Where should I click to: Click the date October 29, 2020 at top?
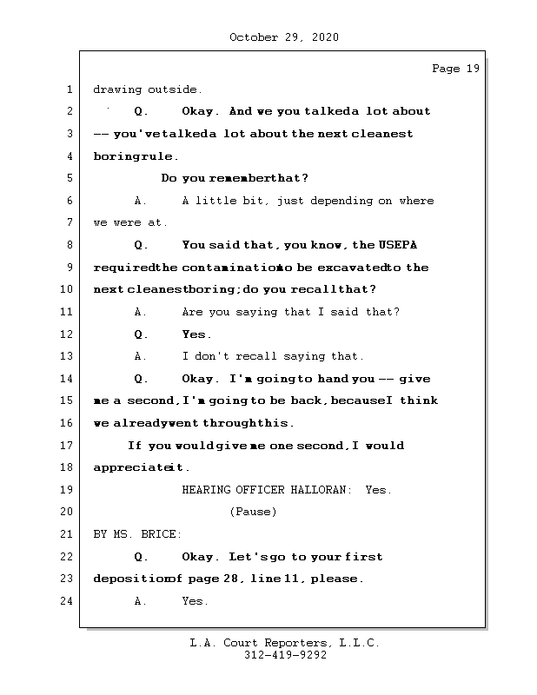pyautogui.click(x=284, y=37)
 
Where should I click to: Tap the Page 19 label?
pyautogui.click(x=455, y=69)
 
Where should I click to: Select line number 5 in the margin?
pyautogui.click(x=68, y=179)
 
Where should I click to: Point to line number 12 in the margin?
pyautogui.click(x=68, y=334)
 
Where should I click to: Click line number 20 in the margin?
pyautogui.click(x=68, y=513)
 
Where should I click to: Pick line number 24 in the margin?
pyautogui.click(x=68, y=601)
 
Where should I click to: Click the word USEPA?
pyautogui.click(x=406, y=245)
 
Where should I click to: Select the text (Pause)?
pyautogui.click(x=253, y=513)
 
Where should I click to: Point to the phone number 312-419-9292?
pyautogui.click(x=285, y=656)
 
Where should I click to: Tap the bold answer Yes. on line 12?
pyautogui.click(x=196, y=334)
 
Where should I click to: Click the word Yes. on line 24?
pyautogui.click(x=195, y=601)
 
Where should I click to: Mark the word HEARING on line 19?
pyautogui.click(x=206, y=490)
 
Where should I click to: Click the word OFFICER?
pyautogui.click(x=260, y=490)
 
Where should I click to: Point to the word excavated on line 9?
pyautogui.click(x=355, y=268)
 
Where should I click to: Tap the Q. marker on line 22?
pyautogui.click(x=142, y=557)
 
